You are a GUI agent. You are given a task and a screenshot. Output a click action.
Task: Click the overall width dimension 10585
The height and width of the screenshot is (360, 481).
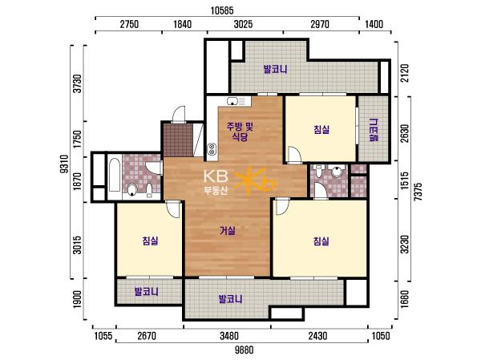click(x=222, y=11)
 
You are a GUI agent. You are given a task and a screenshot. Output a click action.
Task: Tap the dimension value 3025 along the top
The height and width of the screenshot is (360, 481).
click(x=243, y=24)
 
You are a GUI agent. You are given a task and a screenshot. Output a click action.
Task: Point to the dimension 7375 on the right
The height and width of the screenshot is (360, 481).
click(x=418, y=192)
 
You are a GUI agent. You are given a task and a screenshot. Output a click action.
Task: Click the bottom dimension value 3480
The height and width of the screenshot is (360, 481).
click(x=228, y=336)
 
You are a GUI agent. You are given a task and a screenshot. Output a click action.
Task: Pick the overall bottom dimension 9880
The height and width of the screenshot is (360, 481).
click(x=245, y=350)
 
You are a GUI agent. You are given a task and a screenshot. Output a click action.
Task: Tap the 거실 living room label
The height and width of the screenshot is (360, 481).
click(x=228, y=230)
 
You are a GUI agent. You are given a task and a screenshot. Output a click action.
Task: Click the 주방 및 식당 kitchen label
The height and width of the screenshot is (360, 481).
click(x=240, y=131)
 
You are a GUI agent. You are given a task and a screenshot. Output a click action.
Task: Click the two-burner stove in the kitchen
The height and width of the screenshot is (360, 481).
click(x=212, y=149)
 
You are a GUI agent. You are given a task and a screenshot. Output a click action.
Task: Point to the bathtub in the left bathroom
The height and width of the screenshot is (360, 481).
click(x=115, y=175)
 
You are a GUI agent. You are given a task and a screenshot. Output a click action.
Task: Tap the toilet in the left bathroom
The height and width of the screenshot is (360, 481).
click(x=132, y=190)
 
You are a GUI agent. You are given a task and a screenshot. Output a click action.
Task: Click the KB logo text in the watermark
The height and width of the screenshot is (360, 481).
click(x=216, y=176)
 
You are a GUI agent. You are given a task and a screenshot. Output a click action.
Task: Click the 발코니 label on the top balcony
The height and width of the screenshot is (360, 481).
click(x=276, y=70)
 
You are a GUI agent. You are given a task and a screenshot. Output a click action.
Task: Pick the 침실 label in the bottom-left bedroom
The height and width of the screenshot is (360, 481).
click(x=150, y=241)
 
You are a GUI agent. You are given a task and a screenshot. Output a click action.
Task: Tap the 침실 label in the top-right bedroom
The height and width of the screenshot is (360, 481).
click(x=321, y=129)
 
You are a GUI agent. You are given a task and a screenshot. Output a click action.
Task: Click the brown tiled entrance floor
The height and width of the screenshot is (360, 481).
click(x=178, y=140)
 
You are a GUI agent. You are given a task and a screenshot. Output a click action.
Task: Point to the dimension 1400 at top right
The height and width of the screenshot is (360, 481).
click(x=374, y=24)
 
